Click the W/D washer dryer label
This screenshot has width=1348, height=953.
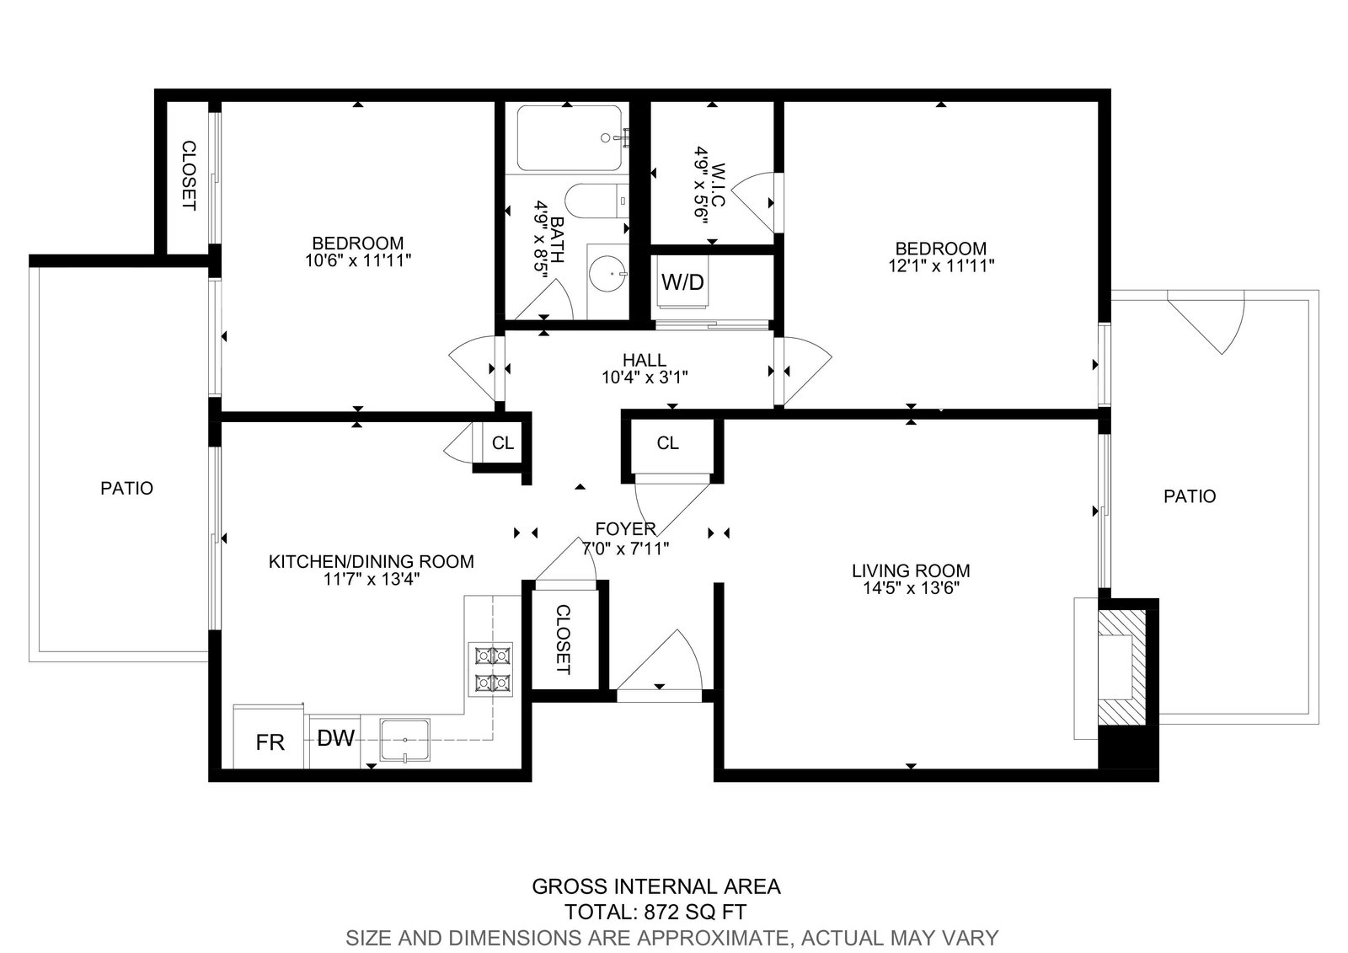tap(682, 281)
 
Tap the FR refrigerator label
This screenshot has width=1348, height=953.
tap(270, 742)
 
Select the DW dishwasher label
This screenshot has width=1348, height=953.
tap(335, 738)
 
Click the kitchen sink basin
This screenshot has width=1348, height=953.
tap(405, 740)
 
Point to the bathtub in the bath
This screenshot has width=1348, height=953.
tap(570, 138)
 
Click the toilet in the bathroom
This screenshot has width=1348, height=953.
tap(596, 201)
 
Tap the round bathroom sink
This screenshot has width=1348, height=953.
tap(607, 274)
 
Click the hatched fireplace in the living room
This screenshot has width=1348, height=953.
tap(1121, 667)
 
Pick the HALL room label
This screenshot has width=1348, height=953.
tap(644, 360)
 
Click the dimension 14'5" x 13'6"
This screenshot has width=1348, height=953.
tap(911, 588)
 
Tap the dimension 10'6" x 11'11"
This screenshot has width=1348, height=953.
tap(358, 260)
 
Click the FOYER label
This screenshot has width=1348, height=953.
tap(625, 529)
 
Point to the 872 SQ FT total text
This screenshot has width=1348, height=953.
tap(695, 912)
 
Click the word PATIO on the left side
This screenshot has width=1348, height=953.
tap(126, 488)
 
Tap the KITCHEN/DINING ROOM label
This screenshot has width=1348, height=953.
tap(371, 562)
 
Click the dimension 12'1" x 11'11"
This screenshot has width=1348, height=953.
tap(941, 266)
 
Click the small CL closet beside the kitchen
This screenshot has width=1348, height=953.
tap(502, 443)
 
